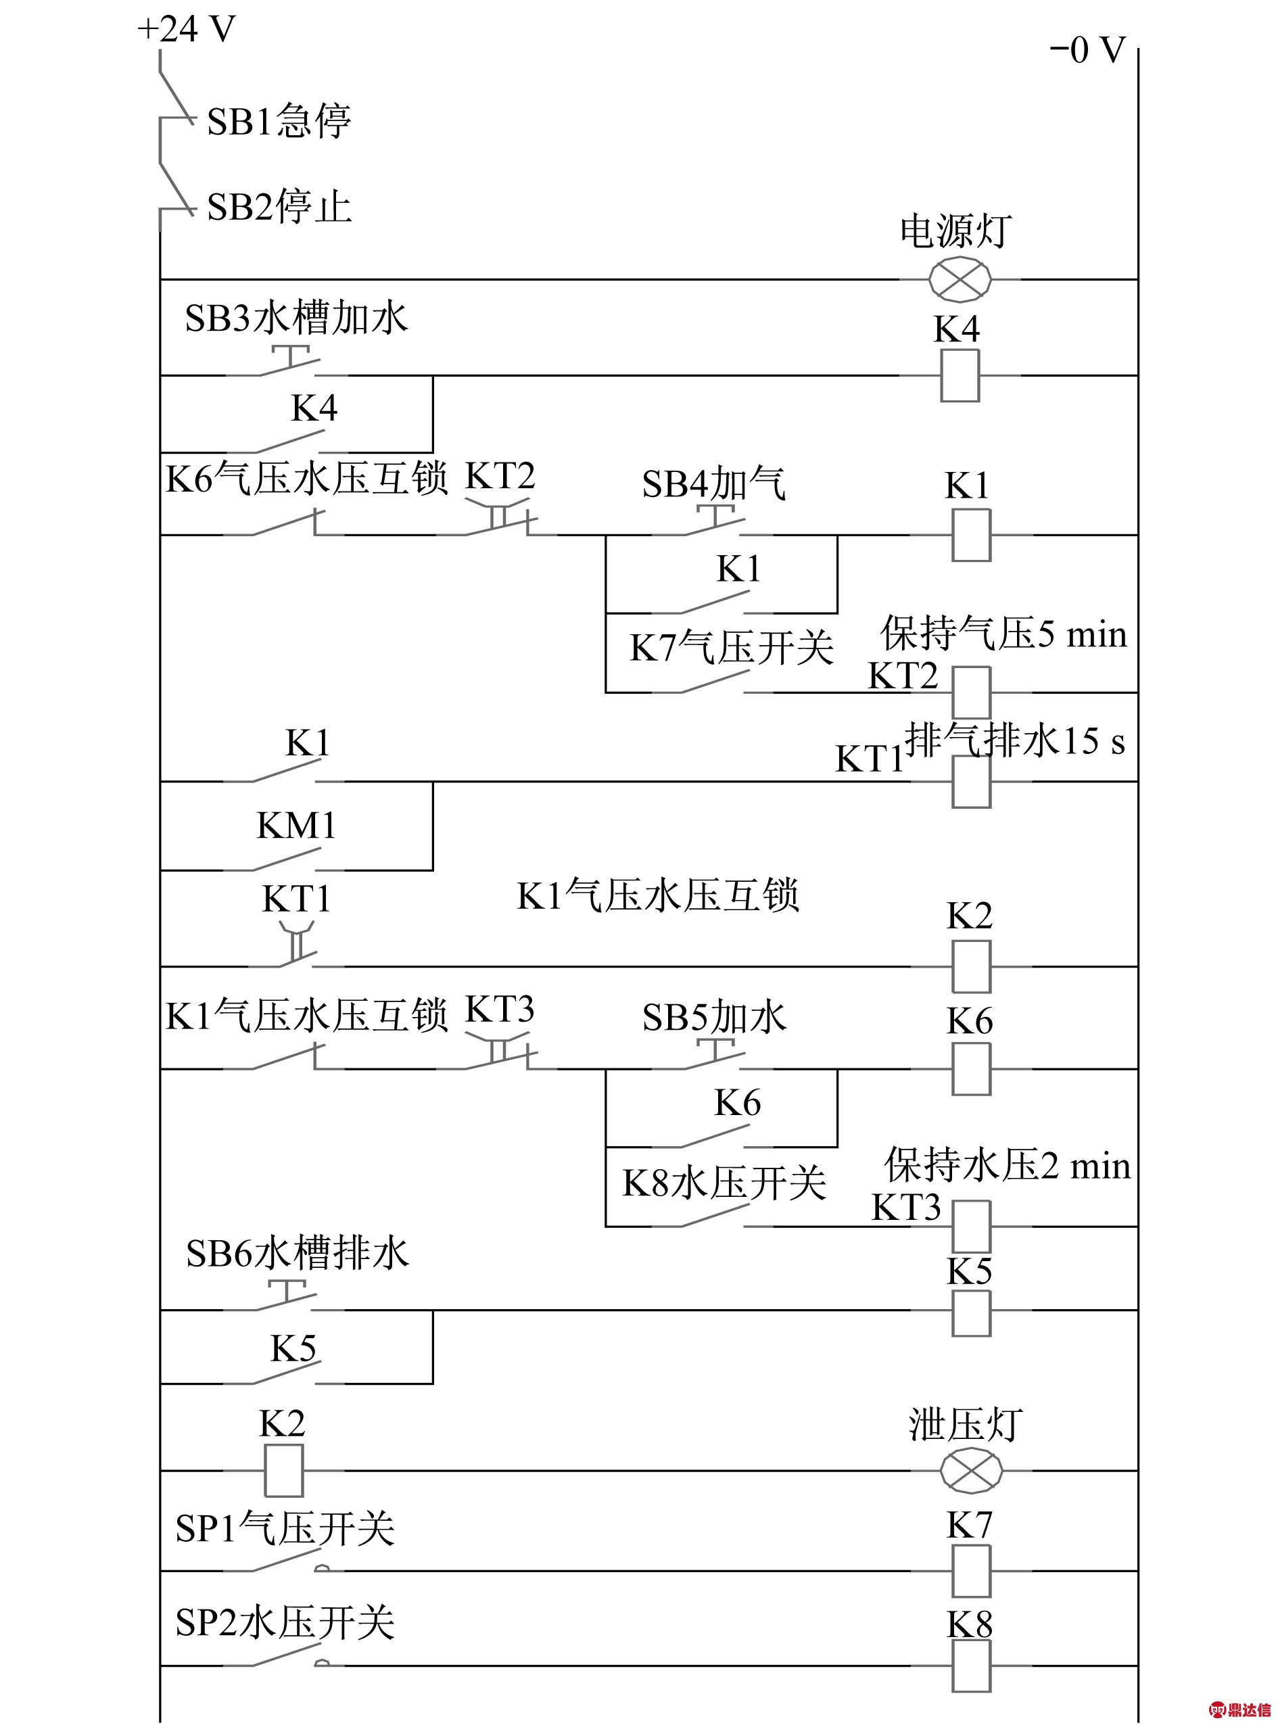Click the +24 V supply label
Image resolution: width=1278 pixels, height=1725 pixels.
[x=186, y=29]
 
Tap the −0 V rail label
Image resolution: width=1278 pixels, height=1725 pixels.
[x=1087, y=50]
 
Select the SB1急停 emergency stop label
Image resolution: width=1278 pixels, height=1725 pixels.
[x=279, y=120]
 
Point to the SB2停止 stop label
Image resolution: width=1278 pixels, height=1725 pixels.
[x=279, y=206]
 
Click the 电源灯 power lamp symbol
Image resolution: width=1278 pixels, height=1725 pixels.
[x=960, y=279]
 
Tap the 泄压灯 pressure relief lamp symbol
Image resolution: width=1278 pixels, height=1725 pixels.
[x=971, y=1471]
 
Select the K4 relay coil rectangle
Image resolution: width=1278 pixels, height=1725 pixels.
[x=960, y=376]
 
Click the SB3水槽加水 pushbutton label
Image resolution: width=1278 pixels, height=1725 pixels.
[x=296, y=318]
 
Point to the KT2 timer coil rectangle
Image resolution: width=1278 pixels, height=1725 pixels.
[x=972, y=692]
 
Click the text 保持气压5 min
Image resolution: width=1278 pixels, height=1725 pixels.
[x=1004, y=634]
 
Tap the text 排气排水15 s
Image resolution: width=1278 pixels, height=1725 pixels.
[x=1015, y=740]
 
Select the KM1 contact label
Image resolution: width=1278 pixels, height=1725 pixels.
[x=296, y=826]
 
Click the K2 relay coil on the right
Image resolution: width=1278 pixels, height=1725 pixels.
[x=972, y=966]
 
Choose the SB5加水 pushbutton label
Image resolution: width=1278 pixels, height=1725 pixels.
[x=714, y=1017]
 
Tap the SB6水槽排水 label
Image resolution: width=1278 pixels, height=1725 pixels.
[x=297, y=1253]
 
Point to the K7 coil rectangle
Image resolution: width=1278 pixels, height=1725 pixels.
[x=972, y=1571]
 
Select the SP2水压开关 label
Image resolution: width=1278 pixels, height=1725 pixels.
[x=285, y=1622]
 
